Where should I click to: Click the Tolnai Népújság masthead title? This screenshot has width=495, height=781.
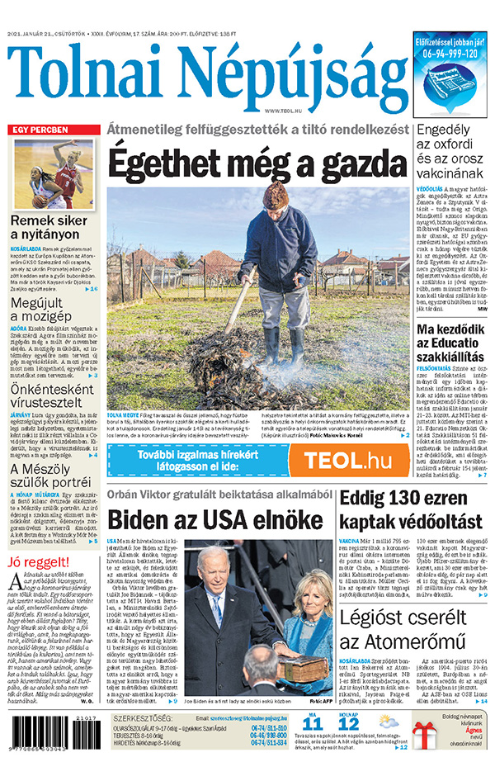tap(206, 76)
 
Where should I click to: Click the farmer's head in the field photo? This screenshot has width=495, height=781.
tap(276, 198)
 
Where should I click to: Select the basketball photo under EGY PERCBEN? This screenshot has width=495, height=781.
tap(54, 174)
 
